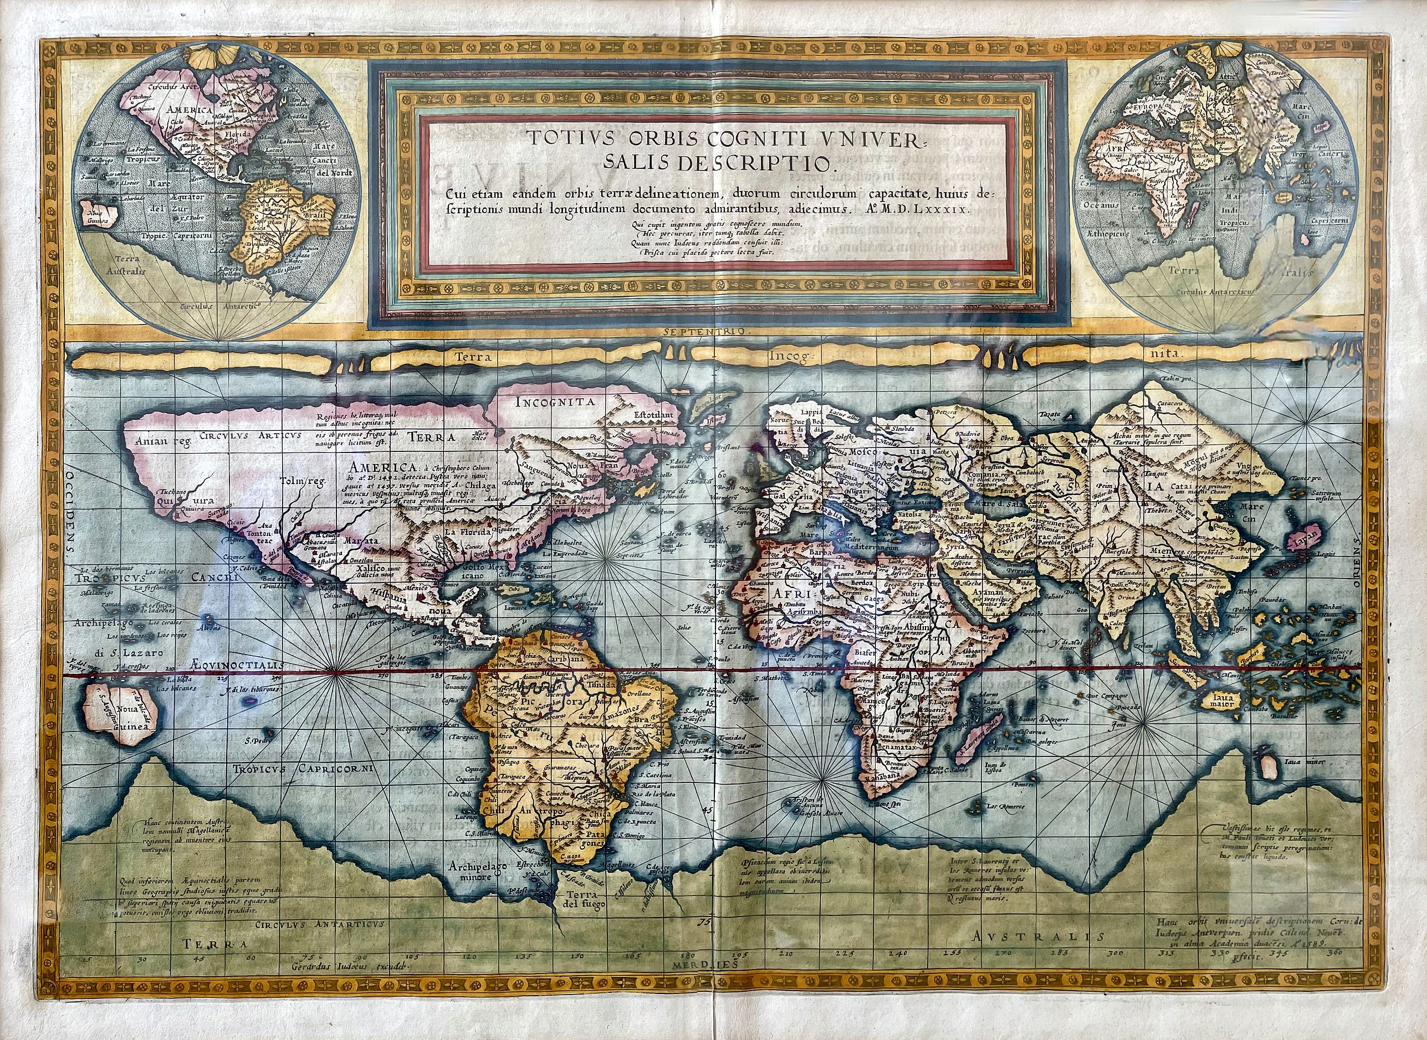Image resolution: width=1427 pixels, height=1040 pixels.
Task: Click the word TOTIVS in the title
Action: (x=559, y=138)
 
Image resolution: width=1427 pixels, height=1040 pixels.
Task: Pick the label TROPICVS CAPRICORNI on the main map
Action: (x=303, y=768)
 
